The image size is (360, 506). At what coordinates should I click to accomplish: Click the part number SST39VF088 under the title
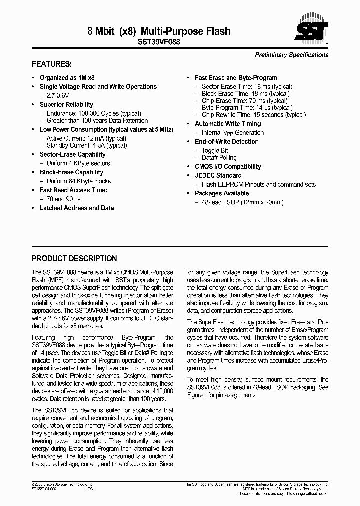(x=159, y=43)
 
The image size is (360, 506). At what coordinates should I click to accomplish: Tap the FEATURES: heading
(x=52, y=64)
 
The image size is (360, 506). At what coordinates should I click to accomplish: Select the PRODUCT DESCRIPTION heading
(x=74, y=259)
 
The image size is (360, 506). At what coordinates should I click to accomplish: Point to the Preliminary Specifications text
(x=292, y=55)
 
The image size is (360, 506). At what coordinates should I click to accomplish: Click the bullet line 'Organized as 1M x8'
(x=67, y=78)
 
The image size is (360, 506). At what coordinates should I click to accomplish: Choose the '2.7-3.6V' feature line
(x=58, y=95)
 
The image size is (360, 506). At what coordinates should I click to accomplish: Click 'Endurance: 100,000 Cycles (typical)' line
(x=94, y=113)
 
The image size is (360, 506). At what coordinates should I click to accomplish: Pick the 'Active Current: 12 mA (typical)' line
(x=86, y=138)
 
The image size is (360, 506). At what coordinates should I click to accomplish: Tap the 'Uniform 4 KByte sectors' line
(x=78, y=163)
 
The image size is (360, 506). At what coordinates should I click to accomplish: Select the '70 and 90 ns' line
(x=63, y=199)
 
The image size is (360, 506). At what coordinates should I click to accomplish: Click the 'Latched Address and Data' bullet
(x=77, y=208)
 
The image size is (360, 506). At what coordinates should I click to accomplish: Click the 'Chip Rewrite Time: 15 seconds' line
(x=254, y=115)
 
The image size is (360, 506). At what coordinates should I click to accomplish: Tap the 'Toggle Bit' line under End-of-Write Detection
(x=215, y=150)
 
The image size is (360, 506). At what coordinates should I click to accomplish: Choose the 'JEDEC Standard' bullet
(x=218, y=175)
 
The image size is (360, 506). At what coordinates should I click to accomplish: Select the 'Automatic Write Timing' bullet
(x=228, y=124)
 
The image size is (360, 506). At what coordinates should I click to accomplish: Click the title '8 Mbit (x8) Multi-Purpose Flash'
(x=159, y=31)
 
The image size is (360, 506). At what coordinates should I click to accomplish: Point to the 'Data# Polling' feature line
(x=219, y=158)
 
